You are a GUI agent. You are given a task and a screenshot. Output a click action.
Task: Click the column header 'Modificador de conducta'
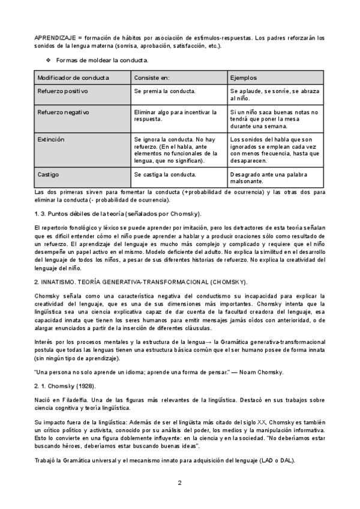(x=73, y=78)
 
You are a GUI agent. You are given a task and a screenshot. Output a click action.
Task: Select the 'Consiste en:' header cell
(x=152, y=78)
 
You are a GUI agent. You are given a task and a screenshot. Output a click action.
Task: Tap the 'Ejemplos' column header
(x=244, y=78)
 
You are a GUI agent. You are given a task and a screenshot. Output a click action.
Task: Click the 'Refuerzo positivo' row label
(x=63, y=91)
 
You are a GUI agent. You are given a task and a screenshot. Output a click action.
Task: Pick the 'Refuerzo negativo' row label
(x=64, y=112)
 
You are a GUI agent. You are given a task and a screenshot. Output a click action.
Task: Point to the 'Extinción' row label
(x=51, y=139)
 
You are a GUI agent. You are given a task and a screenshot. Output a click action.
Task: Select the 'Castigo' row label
(x=49, y=175)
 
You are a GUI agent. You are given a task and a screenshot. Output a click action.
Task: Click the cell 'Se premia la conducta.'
(x=165, y=91)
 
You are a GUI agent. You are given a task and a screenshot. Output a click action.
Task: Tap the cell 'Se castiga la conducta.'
(x=165, y=175)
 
